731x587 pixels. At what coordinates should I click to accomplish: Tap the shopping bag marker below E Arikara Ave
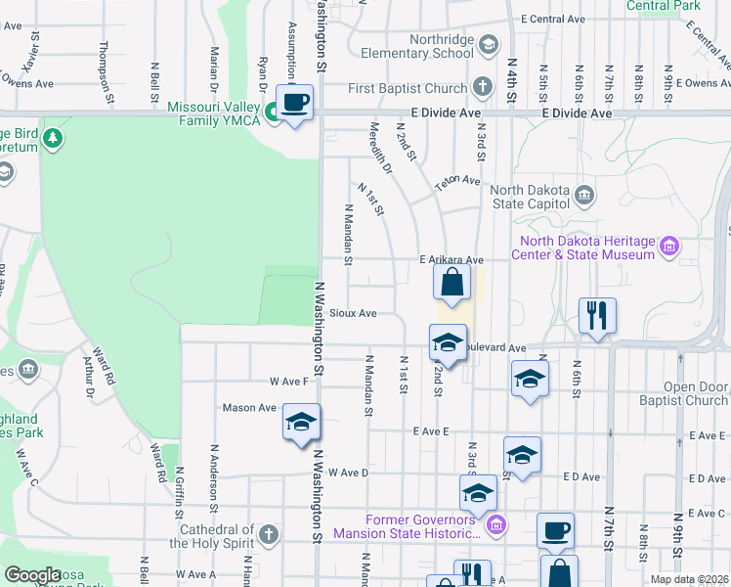451,285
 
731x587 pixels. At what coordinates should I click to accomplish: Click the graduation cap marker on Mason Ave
301,423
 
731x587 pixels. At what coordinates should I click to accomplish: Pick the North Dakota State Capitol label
529,197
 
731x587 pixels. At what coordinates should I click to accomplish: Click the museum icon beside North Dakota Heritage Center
669,246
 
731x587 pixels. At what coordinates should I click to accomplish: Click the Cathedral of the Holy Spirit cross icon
269,535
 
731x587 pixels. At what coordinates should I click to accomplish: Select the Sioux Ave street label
353,313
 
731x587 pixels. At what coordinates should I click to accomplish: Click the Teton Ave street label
458,181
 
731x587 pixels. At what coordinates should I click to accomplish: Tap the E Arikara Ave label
451,260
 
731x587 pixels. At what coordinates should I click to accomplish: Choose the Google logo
31,575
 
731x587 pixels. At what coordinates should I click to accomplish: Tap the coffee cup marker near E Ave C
555,530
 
